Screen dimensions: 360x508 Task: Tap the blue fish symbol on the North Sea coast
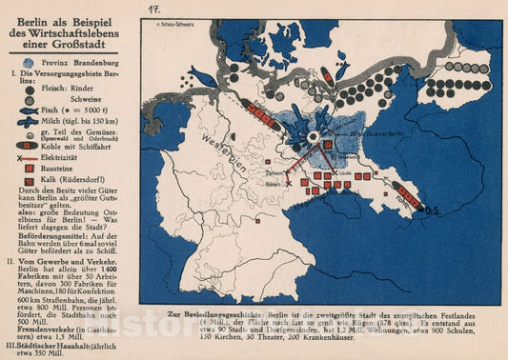pos(204,75)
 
